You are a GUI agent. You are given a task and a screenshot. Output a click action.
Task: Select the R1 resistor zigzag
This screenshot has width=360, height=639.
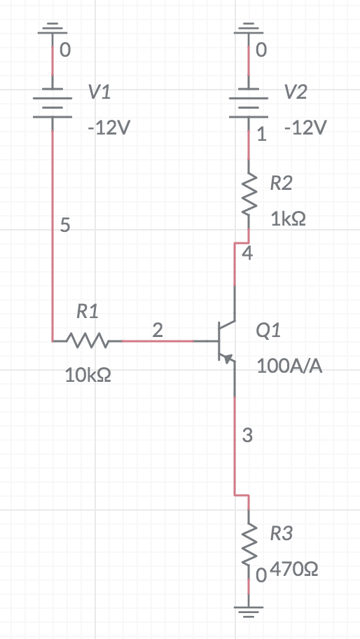click(x=87, y=341)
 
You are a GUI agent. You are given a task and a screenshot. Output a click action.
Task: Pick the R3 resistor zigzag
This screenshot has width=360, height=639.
click(x=249, y=547)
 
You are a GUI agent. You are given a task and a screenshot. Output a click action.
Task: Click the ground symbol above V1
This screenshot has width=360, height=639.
click(x=53, y=29)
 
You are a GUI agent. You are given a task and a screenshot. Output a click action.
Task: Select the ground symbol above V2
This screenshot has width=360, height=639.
click(x=249, y=29)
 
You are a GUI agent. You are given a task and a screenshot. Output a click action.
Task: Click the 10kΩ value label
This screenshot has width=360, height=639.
click(x=88, y=375)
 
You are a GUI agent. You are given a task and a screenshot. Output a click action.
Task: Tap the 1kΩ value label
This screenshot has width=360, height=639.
click(x=288, y=219)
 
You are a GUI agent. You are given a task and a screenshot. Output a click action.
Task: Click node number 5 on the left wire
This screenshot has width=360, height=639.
click(x=65, y=225)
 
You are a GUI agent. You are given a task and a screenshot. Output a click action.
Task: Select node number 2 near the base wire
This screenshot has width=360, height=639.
click(x=158, y=330)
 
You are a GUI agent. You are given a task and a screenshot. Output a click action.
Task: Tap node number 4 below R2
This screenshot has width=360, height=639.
click(x=247, y=254)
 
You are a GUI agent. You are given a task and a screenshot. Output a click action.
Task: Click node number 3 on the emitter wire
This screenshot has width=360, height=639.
click(x=247, y=435)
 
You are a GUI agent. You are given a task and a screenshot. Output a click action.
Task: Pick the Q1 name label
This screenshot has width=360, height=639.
click(x=269, y=331)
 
